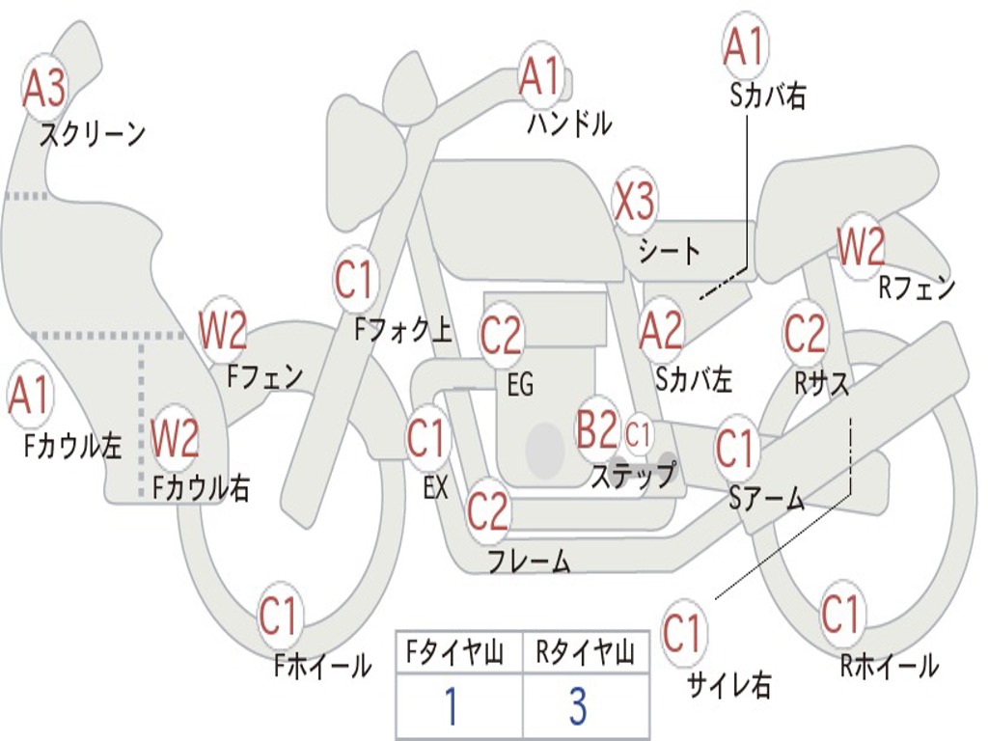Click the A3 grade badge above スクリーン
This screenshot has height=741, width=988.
(x=44, y=90)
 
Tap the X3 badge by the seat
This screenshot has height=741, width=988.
(x=635, y=203)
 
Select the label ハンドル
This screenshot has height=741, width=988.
(x=569, y=124)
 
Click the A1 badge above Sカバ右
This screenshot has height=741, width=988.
(x=744, y=47)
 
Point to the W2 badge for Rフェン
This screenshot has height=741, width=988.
(x=861, y=248)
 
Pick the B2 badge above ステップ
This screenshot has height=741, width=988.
(x=597, y=429)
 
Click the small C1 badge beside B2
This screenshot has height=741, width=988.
(x=639, y=435)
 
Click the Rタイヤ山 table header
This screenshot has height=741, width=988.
(x=585, y=654)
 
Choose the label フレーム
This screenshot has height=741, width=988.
(x=529, y=561)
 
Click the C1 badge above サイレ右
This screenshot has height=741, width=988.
(x=683, y=634)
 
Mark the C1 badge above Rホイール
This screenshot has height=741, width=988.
(x=840, y=615)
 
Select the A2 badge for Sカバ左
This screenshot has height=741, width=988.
(x=661, y=331)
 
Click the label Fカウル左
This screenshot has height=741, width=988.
(x=74, y=445)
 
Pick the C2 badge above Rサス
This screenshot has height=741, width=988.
(x=805, y=335)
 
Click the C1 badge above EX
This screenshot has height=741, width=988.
(x=427, y=439)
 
